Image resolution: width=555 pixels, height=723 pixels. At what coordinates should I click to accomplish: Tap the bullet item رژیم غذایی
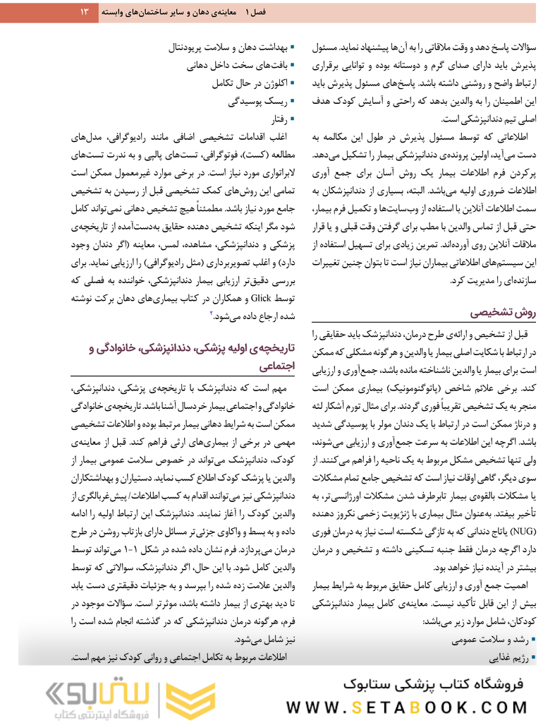tap(506, 659)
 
